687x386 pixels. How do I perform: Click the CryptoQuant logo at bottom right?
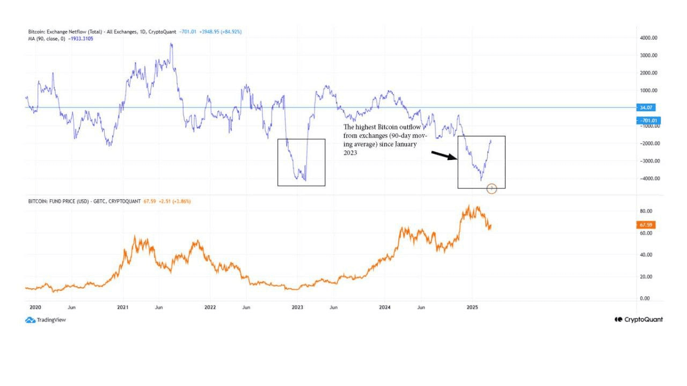pos(639,319)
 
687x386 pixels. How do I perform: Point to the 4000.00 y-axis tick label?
pos(648,38)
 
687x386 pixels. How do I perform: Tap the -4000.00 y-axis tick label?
pos(647,178)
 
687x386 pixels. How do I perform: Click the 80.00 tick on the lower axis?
pos(646,211)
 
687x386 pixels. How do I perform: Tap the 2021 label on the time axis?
pos(123,308)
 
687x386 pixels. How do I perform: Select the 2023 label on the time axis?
pos(297,308)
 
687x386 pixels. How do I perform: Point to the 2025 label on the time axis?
pos(472,308)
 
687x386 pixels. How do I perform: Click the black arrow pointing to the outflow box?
pos(444,156)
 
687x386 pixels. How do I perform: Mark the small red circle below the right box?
pos(492,188)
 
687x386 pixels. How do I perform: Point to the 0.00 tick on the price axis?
pos(646,298)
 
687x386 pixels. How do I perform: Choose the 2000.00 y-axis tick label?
pos(648,72)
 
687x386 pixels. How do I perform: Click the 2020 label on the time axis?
pos(35,308)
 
